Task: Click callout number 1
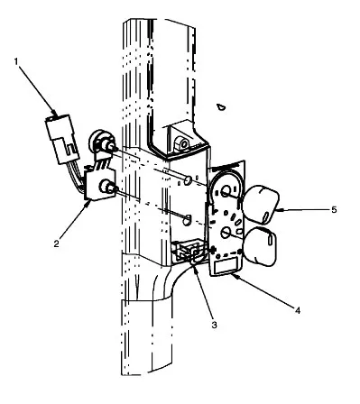coord(16,61)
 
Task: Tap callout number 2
coord(57,243)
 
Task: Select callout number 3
coord(214,325)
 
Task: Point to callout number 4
coord(298,310)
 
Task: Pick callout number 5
coord(334,209)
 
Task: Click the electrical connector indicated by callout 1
coord(62,139)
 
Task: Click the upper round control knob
coord(261,205)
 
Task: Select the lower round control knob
coord(261,246)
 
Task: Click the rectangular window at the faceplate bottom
coord(226,267)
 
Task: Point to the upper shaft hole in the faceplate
coord(226,191)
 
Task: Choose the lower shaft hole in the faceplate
coord(226,233)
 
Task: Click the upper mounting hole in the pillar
coord(188,180)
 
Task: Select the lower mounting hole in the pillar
coord(187,220)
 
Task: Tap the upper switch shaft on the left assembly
coord(111,147)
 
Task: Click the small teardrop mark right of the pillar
coord(221,106)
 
